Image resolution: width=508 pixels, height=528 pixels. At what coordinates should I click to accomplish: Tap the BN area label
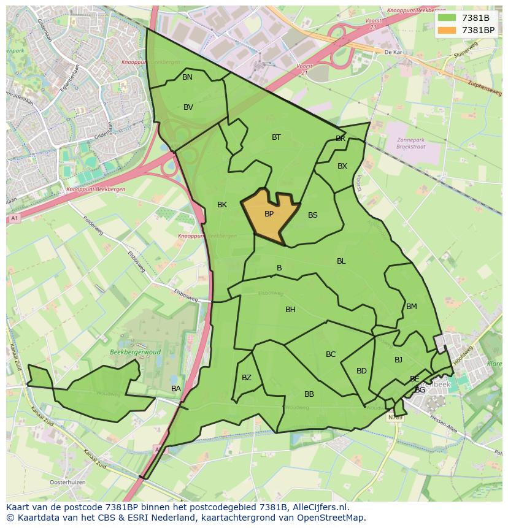[187, 77]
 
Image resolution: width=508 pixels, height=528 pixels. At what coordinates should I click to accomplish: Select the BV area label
[188, 107]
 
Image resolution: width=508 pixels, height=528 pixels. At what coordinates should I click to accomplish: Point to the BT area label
[276, 137]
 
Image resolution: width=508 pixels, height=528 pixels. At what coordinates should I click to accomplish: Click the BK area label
[222, 205]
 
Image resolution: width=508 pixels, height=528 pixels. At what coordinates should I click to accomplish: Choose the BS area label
[313, 215]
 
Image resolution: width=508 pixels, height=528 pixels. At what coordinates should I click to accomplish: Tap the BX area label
[342, 166]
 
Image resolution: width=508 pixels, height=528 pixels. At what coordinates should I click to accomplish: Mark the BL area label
[341, 261]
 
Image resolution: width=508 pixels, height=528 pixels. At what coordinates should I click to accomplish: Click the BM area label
[411, 307]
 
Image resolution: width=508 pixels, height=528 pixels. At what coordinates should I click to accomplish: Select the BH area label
[290, 310]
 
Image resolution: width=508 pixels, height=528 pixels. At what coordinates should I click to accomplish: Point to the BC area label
[331, 354]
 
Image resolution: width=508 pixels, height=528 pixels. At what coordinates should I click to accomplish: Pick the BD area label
[361, 371]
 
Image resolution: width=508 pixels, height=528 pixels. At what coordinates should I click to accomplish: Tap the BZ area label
[247, 378]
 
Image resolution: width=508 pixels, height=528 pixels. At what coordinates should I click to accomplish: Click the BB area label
[309, 394]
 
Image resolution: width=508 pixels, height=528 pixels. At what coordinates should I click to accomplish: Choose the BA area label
[176, 389]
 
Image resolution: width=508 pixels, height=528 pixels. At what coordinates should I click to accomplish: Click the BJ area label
[398, 360]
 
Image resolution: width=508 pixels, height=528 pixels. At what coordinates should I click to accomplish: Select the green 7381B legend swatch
[447, 18]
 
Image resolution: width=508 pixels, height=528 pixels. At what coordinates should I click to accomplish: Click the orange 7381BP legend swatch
[447, 30]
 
